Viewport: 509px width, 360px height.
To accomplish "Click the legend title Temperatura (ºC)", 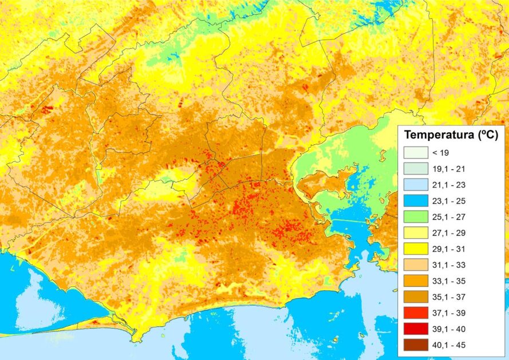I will [x=451, y=136].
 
